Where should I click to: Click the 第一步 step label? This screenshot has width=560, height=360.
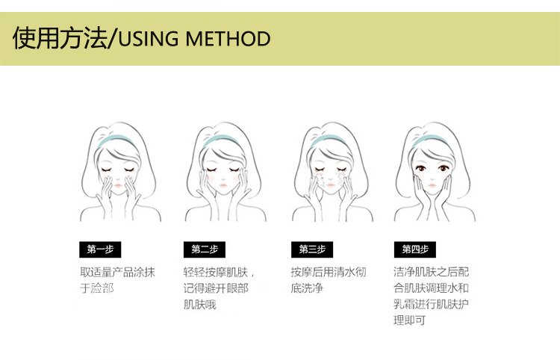coord(100,249)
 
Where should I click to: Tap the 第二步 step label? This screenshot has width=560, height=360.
coord(205,249)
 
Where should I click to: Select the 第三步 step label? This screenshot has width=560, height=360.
coord(312,249)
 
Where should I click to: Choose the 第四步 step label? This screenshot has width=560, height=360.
coord(415,249)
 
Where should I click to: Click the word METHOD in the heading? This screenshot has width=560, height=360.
coord(228,39)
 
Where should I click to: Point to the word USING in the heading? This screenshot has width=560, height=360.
coord(149,39)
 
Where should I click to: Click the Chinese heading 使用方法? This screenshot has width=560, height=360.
coord(60,38)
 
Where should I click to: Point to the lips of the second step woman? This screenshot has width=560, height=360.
coord(223,186)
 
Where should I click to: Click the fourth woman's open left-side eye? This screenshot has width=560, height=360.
coord(421,168)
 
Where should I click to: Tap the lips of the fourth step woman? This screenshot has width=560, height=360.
coord(432,186)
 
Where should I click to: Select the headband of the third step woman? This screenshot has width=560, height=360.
coord(327,140)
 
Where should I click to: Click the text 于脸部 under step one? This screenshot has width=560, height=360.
coord(97,288)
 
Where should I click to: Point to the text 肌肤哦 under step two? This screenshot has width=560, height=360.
coord(200,304)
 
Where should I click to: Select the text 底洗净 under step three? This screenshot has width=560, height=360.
coord(307,288)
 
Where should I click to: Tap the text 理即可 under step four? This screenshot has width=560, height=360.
coord(410,320)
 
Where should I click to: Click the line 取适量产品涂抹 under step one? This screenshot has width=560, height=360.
coord(117,272)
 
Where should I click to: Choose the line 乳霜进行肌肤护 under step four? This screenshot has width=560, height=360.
coord(431,304)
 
